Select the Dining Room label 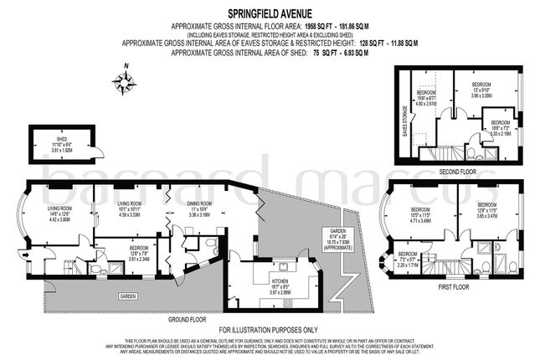(x=198, y=203)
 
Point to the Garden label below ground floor (x=127, y=296)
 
